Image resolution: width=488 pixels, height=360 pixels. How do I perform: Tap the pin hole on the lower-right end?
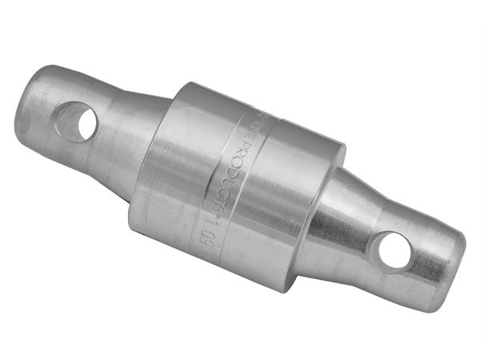click(394, 249)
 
